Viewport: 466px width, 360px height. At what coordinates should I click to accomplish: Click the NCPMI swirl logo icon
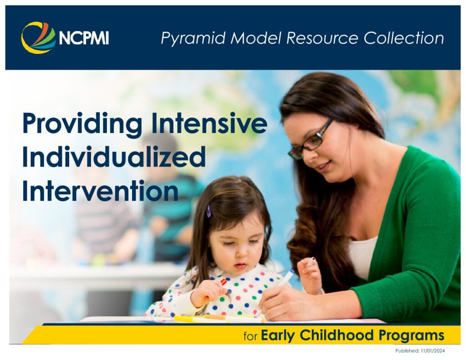tap(38, 38)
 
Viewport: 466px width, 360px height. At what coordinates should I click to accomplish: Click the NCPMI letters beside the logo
tap(84, 38)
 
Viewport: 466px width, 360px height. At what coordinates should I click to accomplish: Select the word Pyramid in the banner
tap(193, 39)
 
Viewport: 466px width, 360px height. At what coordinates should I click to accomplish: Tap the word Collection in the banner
tap(404, 38)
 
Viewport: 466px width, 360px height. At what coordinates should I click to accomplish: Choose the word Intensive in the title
tap(209, 122)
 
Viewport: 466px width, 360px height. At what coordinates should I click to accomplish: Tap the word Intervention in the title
tap(101, 191)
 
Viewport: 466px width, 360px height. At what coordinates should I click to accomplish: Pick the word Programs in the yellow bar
tap(411, 336)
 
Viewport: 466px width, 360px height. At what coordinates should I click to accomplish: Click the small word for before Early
tap(250, 336)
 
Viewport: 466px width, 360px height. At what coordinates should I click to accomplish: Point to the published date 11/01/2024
tap(433, 351)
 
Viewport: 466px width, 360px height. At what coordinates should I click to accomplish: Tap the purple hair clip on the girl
tap(208, 211)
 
